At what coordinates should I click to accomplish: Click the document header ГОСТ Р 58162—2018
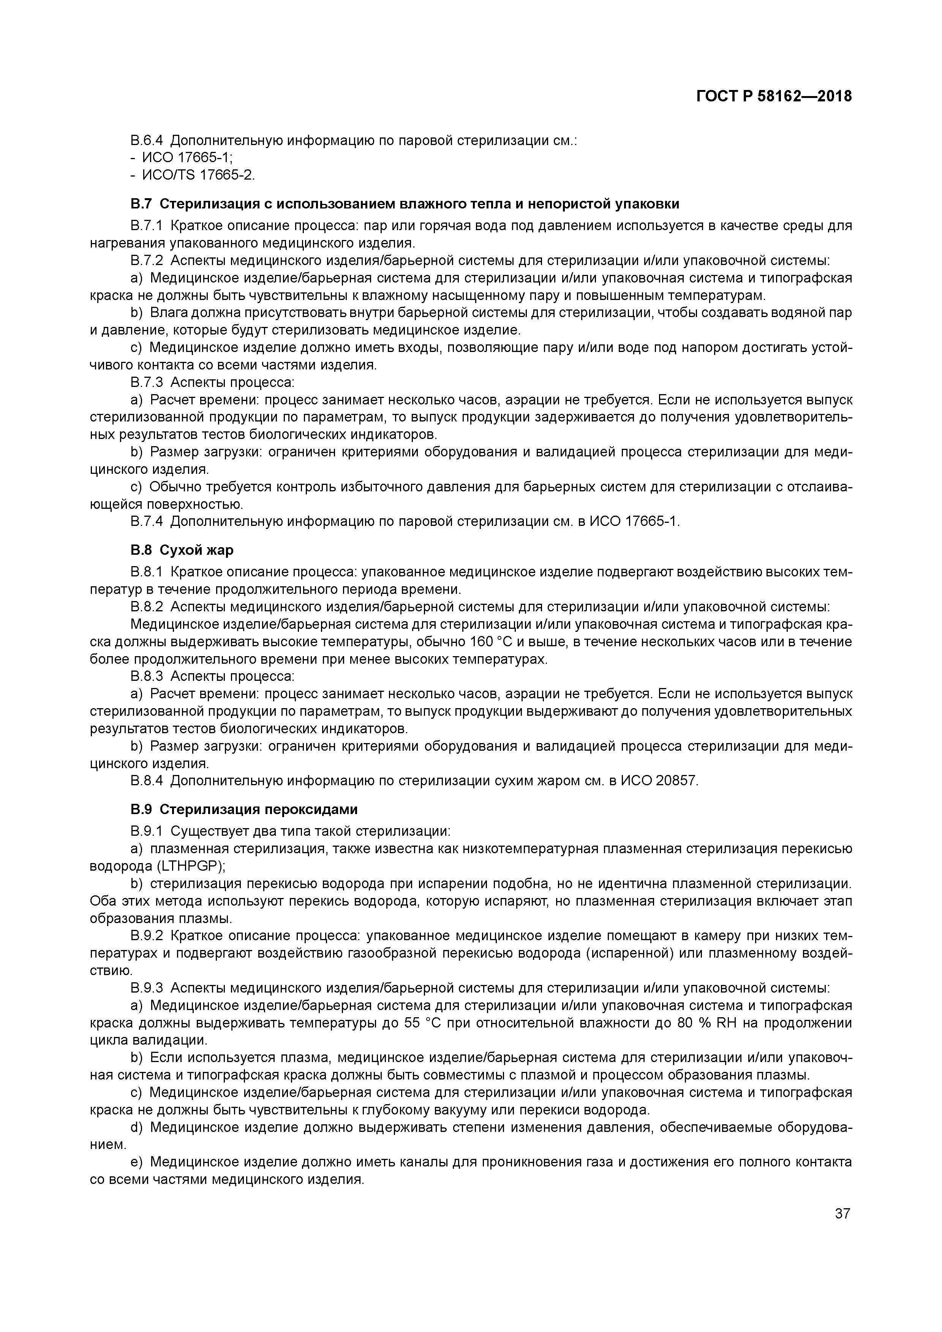[x=774, y=96]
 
